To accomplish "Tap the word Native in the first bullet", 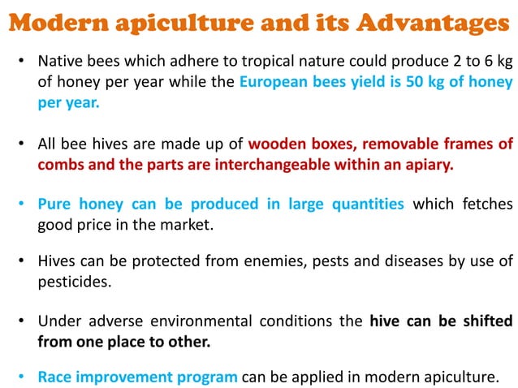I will click(62, 62).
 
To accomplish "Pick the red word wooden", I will click(276, 144).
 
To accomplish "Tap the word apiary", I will click(426, 165).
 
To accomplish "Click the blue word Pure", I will click(56, 204).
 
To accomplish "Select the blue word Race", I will click(57, 377).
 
